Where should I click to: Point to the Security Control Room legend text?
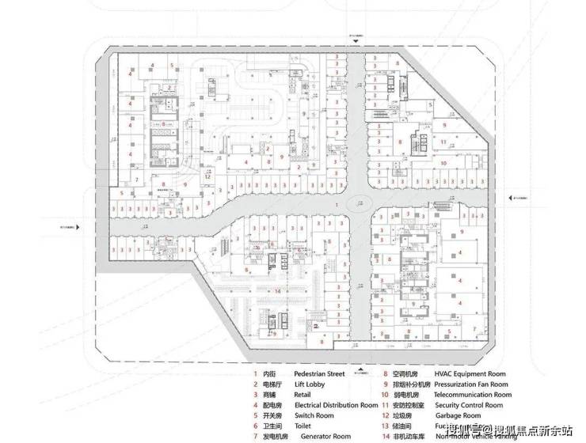coord(470,405)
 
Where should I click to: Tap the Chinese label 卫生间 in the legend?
coord(272,426)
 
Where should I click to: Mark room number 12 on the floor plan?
coord(207,176)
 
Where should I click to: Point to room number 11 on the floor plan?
coord(444,143)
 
